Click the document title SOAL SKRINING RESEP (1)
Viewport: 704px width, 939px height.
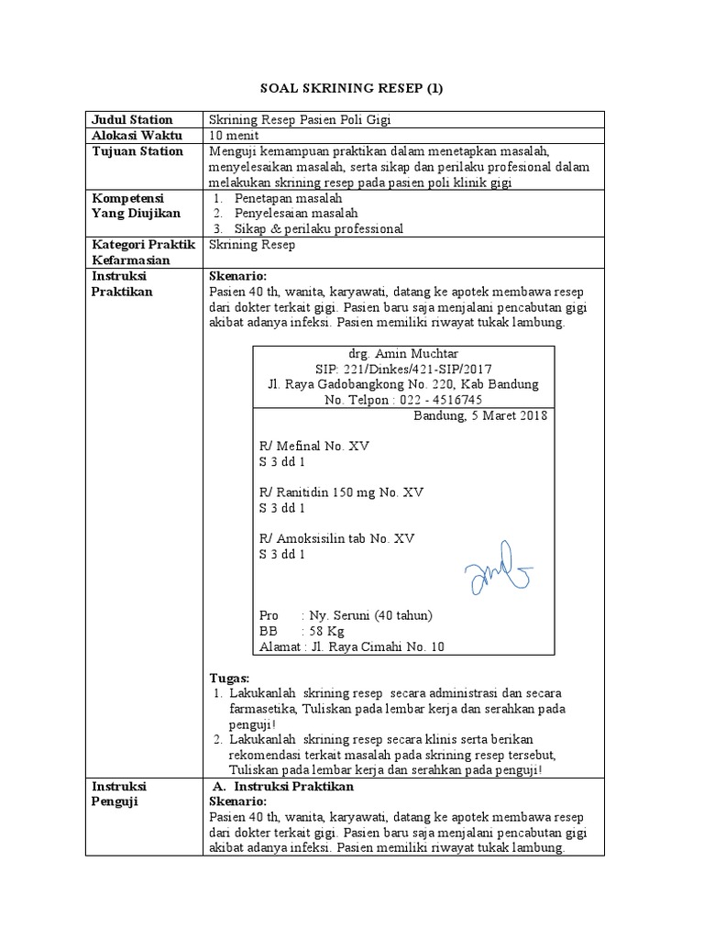[x=352, y=89]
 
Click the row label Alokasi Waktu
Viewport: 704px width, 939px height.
[x=135, y=135]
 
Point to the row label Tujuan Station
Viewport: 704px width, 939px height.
[x=137, y=151]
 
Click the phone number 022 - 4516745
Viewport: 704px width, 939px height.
[x=440, y=401]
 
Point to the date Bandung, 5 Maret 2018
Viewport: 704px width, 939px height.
[x=480, y=416]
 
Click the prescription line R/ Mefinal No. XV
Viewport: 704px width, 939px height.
[x=315, y=447]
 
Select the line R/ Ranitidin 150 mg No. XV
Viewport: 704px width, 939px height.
[x=341, y=492]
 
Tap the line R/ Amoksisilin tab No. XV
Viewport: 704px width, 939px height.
[x=337, y=539]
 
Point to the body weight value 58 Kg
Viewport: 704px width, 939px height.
[x=327, y=631]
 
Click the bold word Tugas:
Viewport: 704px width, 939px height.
[x=230, y=677]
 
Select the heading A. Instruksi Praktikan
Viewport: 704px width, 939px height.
[x=282, y=787]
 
